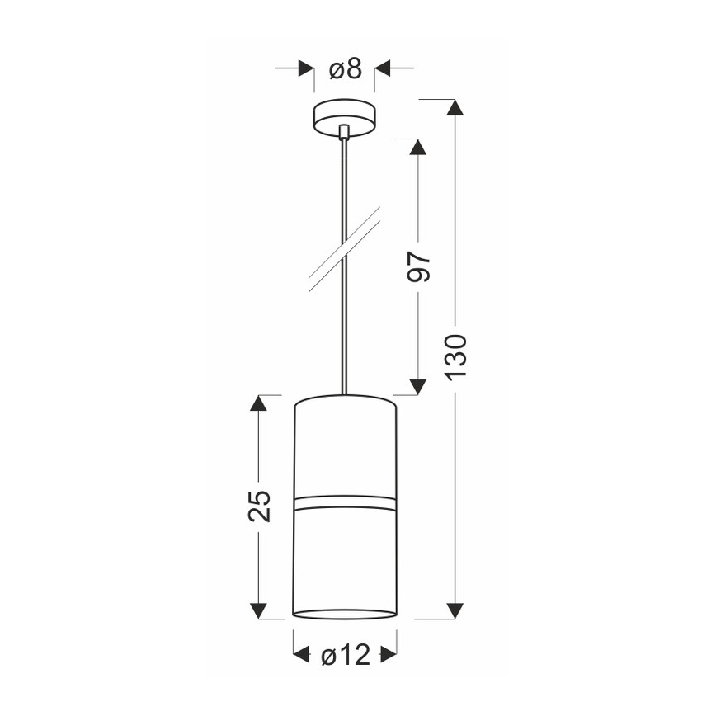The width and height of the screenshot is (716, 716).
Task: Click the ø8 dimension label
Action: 345,69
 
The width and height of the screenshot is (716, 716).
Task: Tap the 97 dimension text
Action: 419,266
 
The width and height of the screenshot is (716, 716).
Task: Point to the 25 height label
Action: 259,506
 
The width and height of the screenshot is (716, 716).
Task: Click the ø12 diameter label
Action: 345,656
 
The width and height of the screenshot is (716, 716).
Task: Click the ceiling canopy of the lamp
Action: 344,118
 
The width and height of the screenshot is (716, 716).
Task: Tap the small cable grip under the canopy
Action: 344,131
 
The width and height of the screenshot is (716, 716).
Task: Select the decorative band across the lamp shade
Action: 345,502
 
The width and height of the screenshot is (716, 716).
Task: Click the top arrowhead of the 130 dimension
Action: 455,107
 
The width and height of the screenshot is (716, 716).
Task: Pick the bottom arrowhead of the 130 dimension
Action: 455,611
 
